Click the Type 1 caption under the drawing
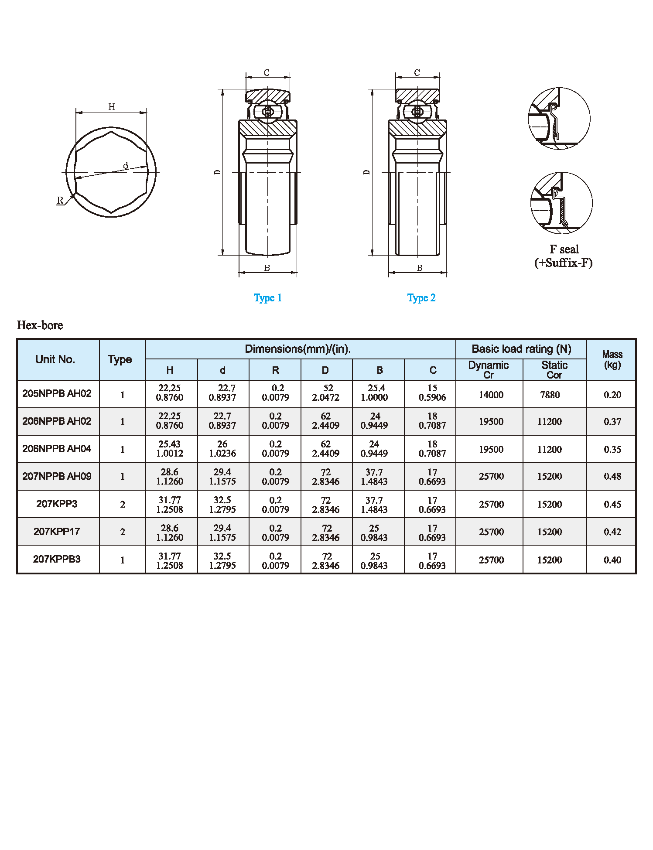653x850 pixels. pyautogui.click(x=267, y=298)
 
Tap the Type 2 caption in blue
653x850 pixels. pyautogui.click(x=421, y=298)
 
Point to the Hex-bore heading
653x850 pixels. pyautogui.click(x=40, y=325)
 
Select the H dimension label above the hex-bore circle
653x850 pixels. pyautogui.click(x=112, y=107)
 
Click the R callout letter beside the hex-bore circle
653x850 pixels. pyautogui.click(x=60, y=200)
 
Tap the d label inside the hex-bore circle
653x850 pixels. pyautogui.click(x=126, y=165)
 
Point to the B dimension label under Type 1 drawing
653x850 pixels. pyautogui.click(x=267, y=268)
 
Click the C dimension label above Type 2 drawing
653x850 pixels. pyautogui.click(x=417, y=72)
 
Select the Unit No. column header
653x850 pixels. pyautogui.click(x=55, y=359)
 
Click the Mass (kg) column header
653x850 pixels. pyautogui.click(x=612, y=359)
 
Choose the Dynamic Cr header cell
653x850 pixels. pyautogui.click(x=489, y=369)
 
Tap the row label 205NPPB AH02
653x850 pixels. pyautogui.click(x=57, y=393)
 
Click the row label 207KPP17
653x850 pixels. pyautogui.click(x=57, y=532)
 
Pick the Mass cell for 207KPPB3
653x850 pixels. pyautogui.click(x=612, y=560)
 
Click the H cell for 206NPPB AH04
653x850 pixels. pyautogui.click(x=170, y=449)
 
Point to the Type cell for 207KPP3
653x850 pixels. pyautogui.click(x=123, y=505)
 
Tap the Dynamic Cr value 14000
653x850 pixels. pyautogui.click(x=491, y=395)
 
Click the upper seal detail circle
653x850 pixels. pyautogui.click(x=559, y=118)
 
